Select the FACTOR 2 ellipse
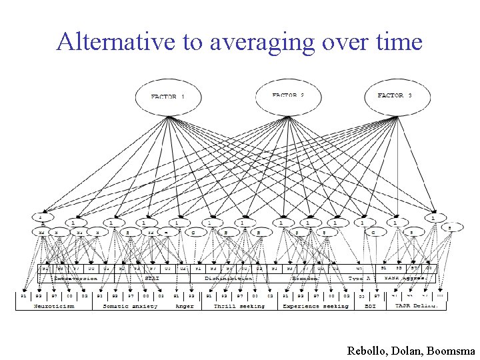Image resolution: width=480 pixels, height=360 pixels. pyautogui.click(x=288, y=97)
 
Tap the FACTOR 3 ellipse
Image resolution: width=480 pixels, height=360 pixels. pyautogui.click(x=395, y=97)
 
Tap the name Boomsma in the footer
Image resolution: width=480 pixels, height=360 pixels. pyautogui.click(x=453, y=350)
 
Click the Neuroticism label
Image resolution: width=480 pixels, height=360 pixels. pyautogui.click(x=55, y=306)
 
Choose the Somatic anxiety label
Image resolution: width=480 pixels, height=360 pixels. pyautogui.click(x=130, y=306)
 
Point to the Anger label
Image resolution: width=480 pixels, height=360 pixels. pyautogui.click(x=184, y=306)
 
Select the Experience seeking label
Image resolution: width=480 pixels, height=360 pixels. pyautogui.click(x=315, y=306)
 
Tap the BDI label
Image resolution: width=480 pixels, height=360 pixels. pyautogui.click(x=370, y=306)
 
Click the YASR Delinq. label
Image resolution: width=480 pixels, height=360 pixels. pyautogui.click(x=417, y=306)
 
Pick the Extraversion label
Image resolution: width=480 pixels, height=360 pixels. pyautogui.click(x=75, y=278)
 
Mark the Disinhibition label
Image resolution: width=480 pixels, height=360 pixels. pyautogui.click(x=229, y=278)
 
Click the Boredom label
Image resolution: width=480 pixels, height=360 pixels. pyautogui.click(x=305, y=278)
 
